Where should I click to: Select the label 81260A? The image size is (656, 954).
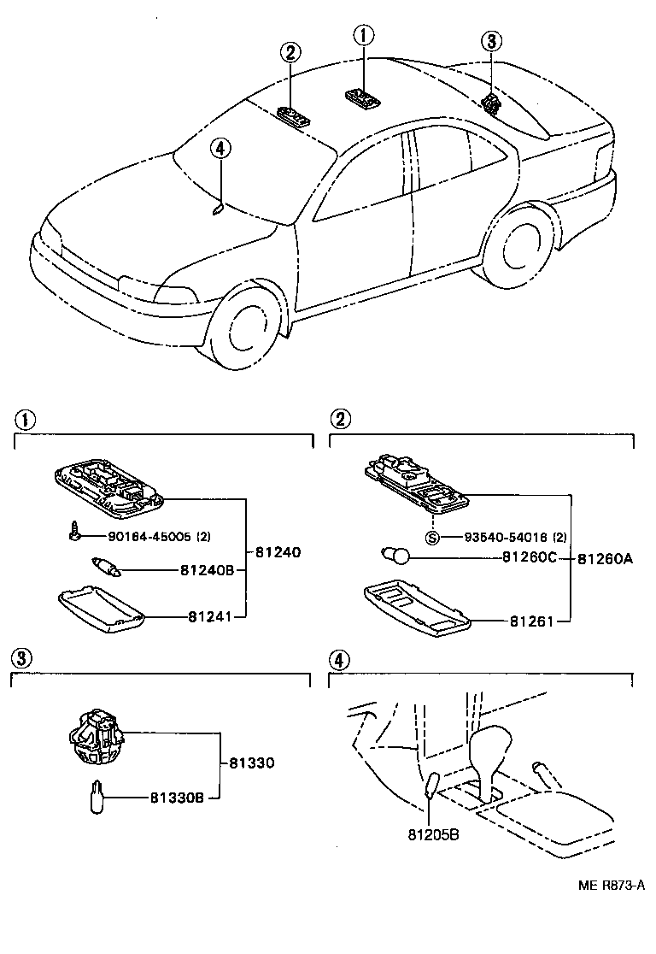pos(605,558)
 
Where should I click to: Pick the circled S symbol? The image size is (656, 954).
pos(432,537)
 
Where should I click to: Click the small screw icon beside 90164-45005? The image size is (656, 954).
pos(74,533)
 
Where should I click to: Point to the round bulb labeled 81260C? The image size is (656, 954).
pos(396,557)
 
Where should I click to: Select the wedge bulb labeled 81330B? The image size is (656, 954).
pos(97,797)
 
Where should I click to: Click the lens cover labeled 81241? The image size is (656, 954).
pos(100,610)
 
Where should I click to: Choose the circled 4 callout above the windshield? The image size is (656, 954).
pos(220,149)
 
